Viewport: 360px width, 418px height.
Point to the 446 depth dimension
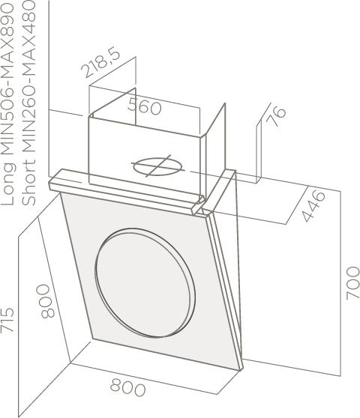click(x=313, y=205)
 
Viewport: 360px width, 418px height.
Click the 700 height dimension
click(x=352, y=282)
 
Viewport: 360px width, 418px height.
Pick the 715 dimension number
click(x=7, y=320)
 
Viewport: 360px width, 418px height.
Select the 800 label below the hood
click(x=128, y=387)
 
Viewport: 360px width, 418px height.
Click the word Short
click(x=28, y=183)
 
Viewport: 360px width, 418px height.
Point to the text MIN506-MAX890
click(x=7, y=79)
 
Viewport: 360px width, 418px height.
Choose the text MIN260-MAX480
click(x=28, y=78)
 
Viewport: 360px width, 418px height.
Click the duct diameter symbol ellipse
click(x=159, y=166)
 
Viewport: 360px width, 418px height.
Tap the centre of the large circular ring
click(x=145, y=283)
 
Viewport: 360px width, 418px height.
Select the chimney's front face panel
click(x=145, y=155)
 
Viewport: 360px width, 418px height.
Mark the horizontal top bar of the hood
click(x=125, y=190)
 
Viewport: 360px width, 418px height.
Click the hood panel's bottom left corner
click(x=92, y=339)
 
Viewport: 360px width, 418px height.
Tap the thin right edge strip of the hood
click(x=225, y=289)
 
